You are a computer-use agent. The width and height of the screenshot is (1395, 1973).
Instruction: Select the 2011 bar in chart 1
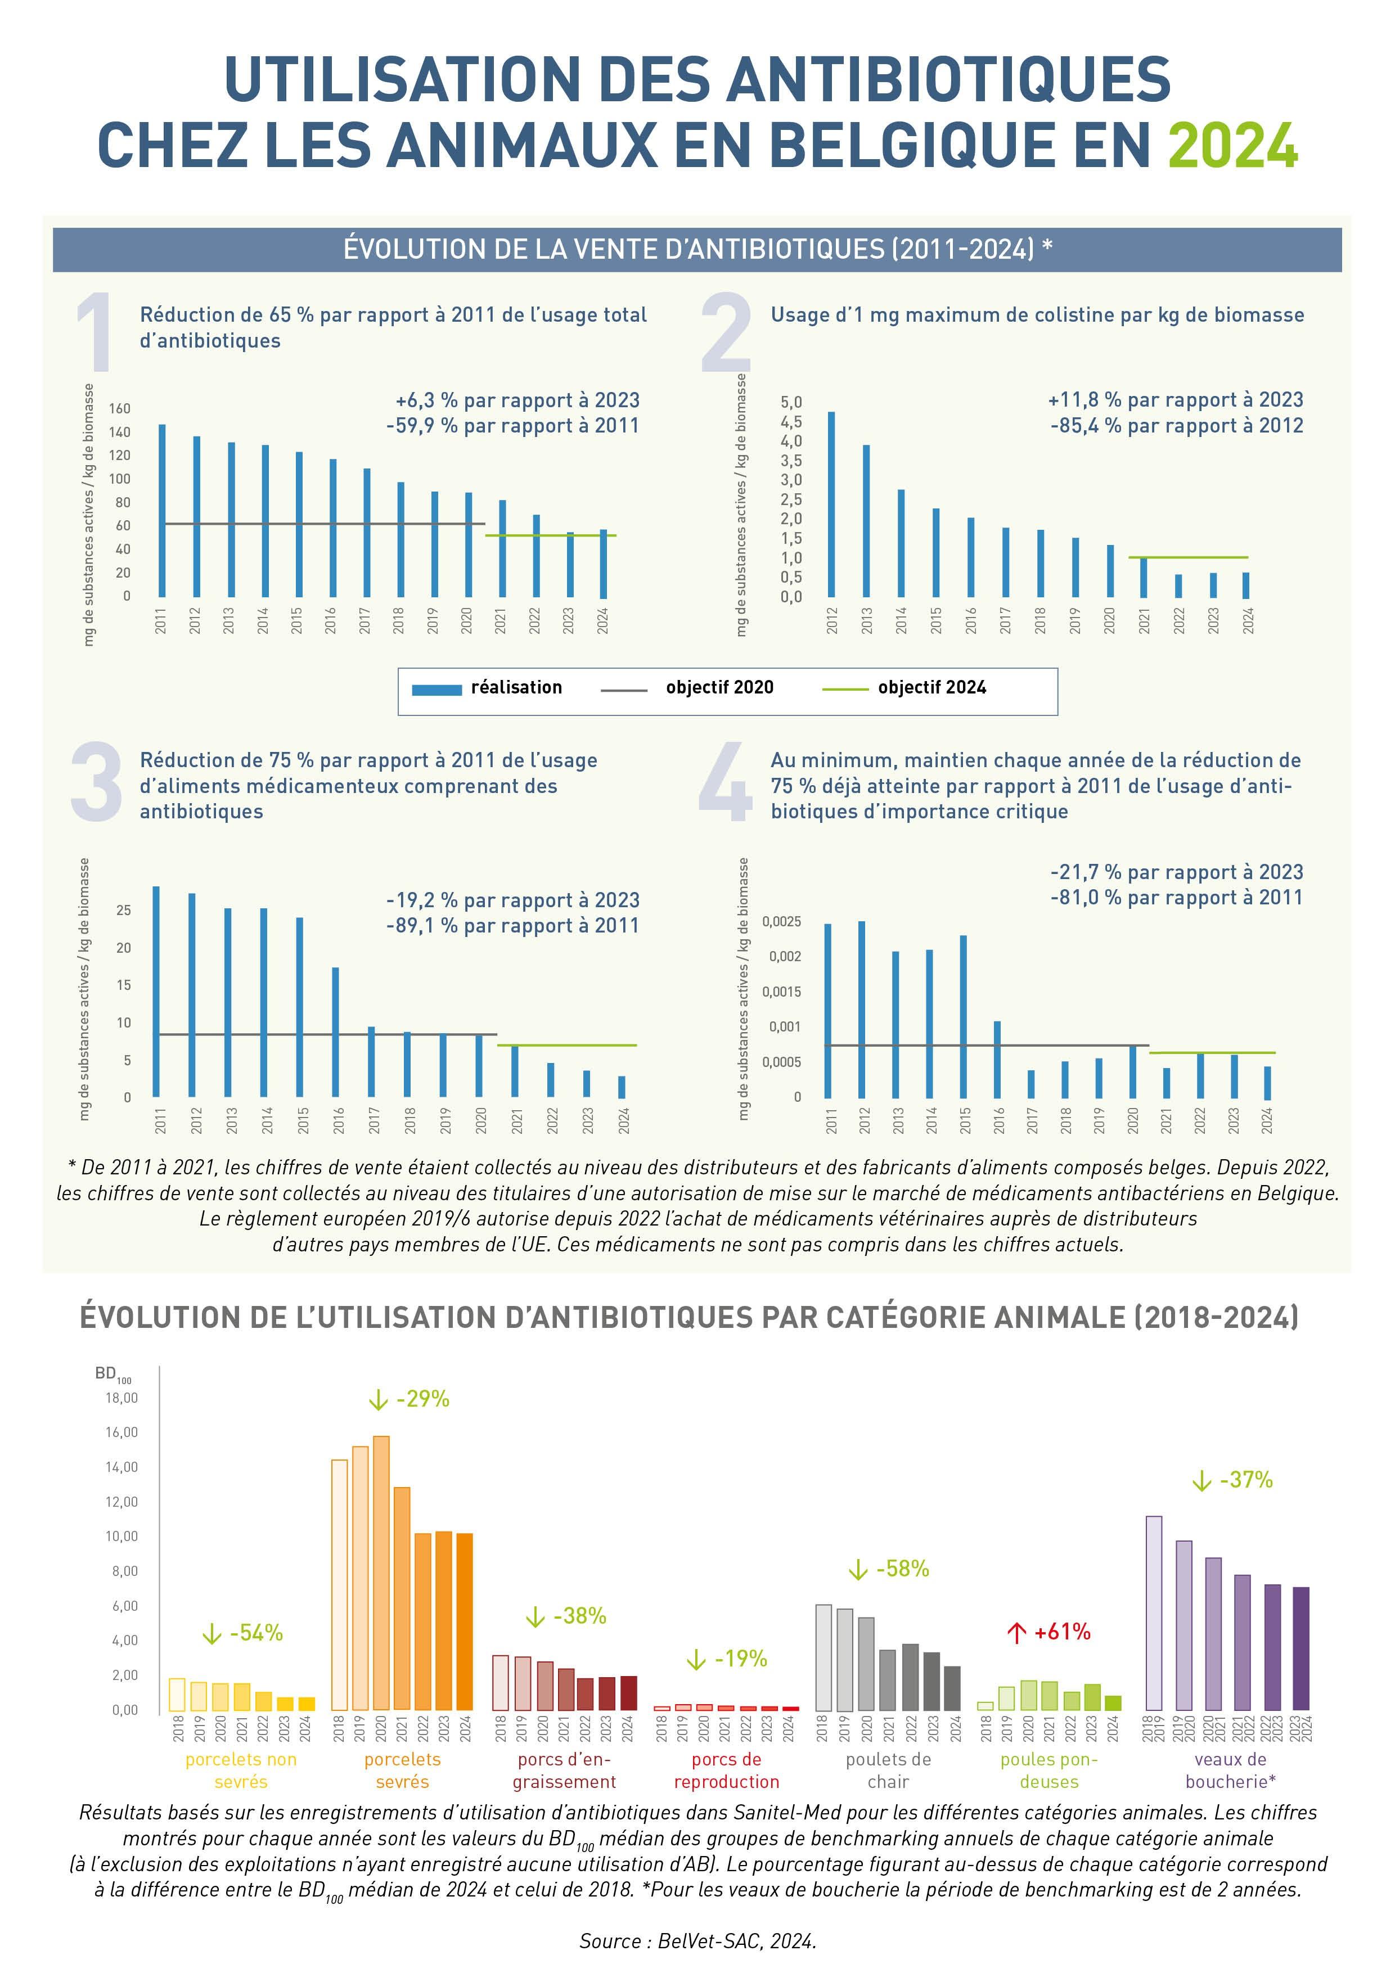[x=161, y=511]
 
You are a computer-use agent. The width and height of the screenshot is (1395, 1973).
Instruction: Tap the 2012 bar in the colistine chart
[x=831, y=504]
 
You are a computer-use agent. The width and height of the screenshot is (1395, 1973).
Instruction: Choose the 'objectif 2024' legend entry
[x=931, y=687]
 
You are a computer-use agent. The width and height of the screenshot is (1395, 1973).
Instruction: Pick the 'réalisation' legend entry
[x=516, y=687]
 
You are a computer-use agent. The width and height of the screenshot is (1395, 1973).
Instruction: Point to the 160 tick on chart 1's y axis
[x=119, y=408]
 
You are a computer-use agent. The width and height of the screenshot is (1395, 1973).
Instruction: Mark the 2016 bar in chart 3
[x=335, y=1032]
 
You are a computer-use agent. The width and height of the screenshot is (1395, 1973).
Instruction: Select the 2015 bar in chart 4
[x=964, y=1016]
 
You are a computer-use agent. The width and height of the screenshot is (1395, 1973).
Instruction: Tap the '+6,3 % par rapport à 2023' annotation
[x=517, y=400]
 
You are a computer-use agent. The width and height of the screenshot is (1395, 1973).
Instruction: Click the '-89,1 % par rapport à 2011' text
[x=512, y=926]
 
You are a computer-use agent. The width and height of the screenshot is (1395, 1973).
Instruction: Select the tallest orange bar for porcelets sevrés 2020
[x=381, y=1573]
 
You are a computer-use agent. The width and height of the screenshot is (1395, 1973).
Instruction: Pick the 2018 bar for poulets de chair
[x=823, y=1657]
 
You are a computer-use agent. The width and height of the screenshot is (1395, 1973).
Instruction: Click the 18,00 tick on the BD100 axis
[x=121, y=1398]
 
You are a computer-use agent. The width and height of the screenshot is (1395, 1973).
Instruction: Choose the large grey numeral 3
[x=96, y=782]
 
